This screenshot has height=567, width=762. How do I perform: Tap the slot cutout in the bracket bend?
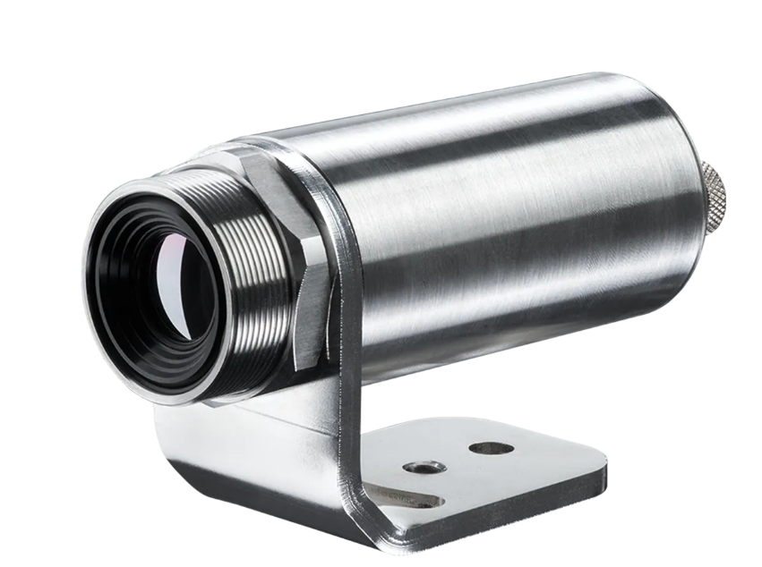pyautogui.click(x=407, y=497)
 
